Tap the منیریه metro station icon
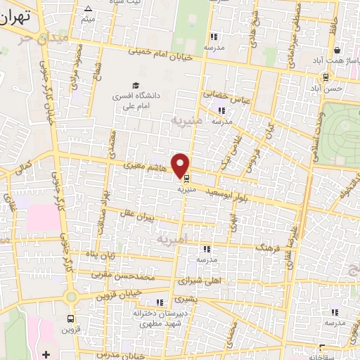click(x=186, y=178)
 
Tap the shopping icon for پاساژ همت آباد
click(x=338, y=51)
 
